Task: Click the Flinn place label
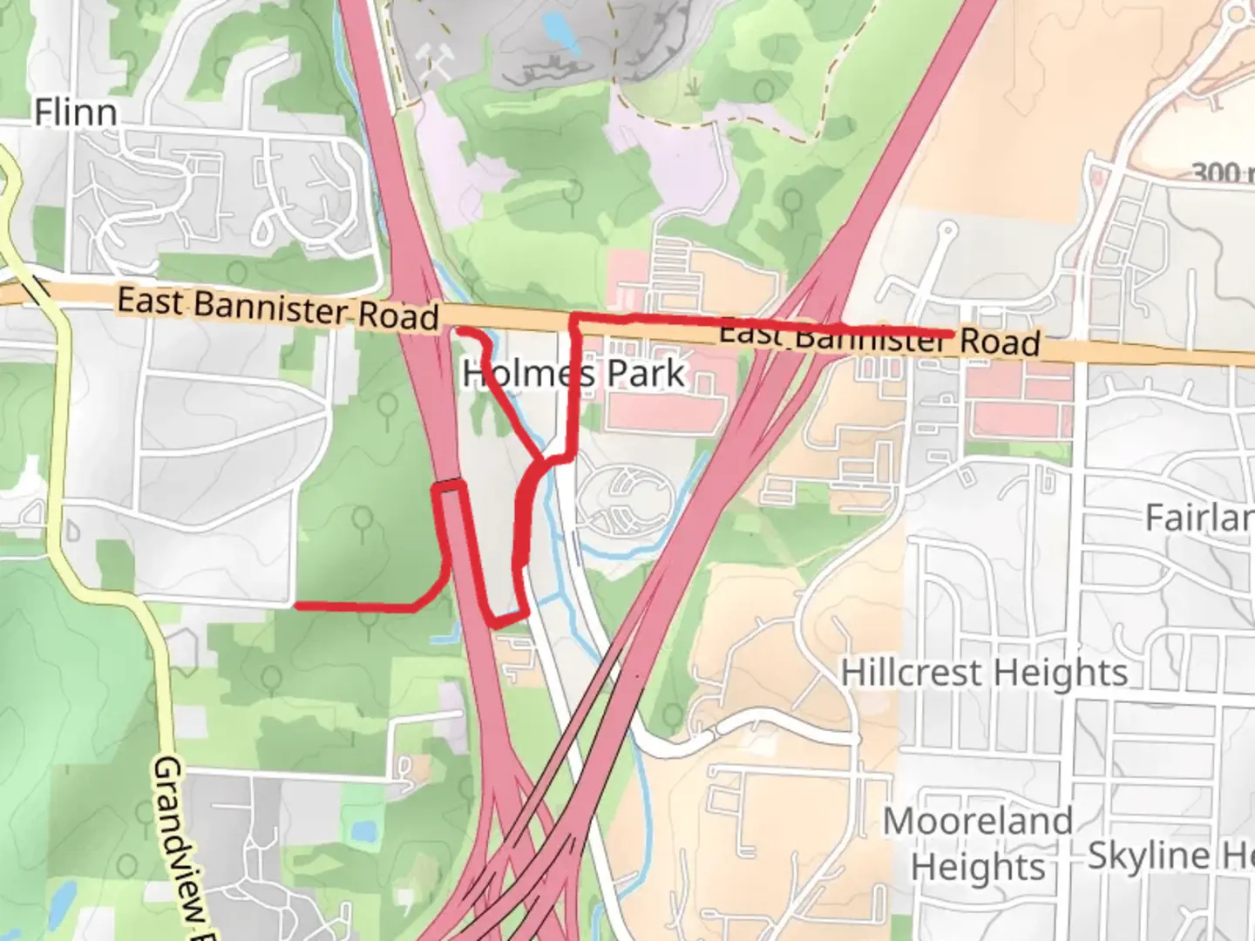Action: [x=76, y=112]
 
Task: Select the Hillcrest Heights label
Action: [x=984, y=673]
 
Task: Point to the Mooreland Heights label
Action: [x=978, y=843]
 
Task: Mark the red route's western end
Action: [x=298, y=605]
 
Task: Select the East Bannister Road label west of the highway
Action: [x=277, y=308]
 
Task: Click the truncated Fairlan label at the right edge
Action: [x=1199, y=518]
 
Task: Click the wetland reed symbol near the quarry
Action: [x=695, y=86]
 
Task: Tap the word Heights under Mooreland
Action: [x=978, y=867]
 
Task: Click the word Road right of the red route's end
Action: [x=1000, y=341]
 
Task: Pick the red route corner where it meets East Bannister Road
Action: [x=573, y=319]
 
